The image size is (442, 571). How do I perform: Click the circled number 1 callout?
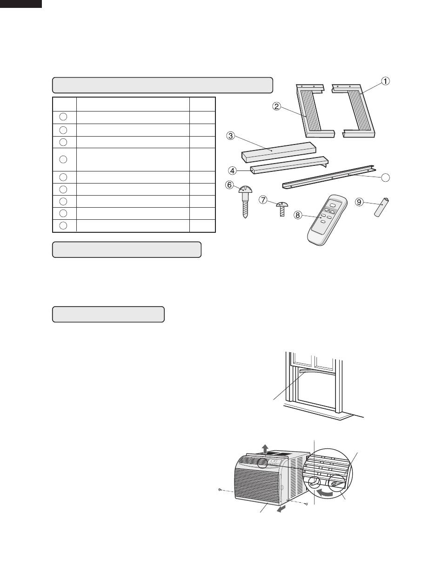[385, 81]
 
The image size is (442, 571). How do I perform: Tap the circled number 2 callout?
[276, 106]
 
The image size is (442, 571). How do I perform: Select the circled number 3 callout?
[230, 136]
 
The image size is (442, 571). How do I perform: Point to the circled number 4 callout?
[232, 171]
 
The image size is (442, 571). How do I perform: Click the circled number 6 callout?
[229, 185]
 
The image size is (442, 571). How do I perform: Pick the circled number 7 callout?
[263, 200]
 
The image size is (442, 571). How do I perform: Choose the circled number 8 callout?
[298, 215]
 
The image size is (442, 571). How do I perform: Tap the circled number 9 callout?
[359, 202]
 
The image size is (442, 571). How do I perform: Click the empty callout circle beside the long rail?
[385, 177]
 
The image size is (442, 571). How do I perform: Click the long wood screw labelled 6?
[246, 202]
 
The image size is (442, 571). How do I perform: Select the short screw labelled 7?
[282, 209]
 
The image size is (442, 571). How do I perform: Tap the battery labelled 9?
[382, 207]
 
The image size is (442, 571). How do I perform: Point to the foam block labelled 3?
[279, 151]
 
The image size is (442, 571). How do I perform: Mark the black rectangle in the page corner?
[21, 4]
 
